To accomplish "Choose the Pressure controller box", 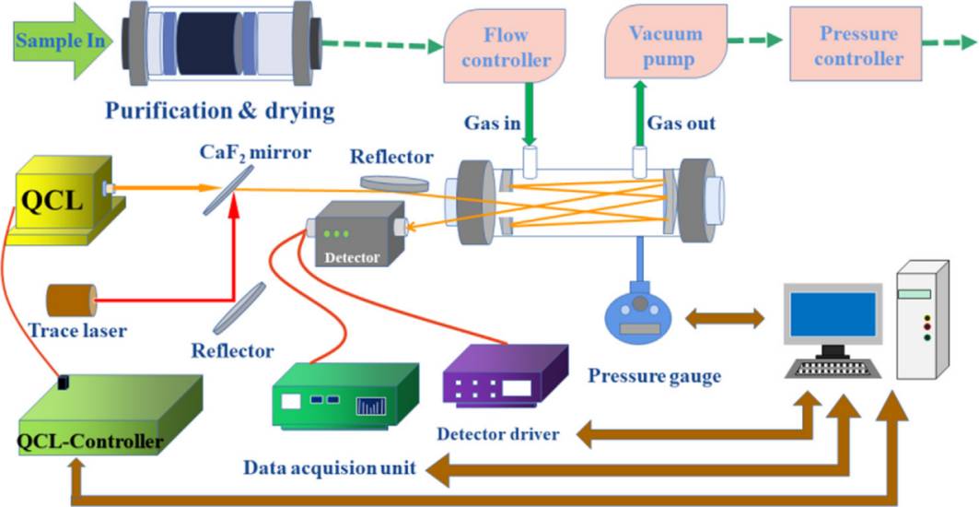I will point(859,47).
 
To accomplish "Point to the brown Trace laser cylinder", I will point(71,301).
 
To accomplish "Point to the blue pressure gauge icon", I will point(642,319).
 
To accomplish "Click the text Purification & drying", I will point(218,112).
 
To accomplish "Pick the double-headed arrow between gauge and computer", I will point(724,319).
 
